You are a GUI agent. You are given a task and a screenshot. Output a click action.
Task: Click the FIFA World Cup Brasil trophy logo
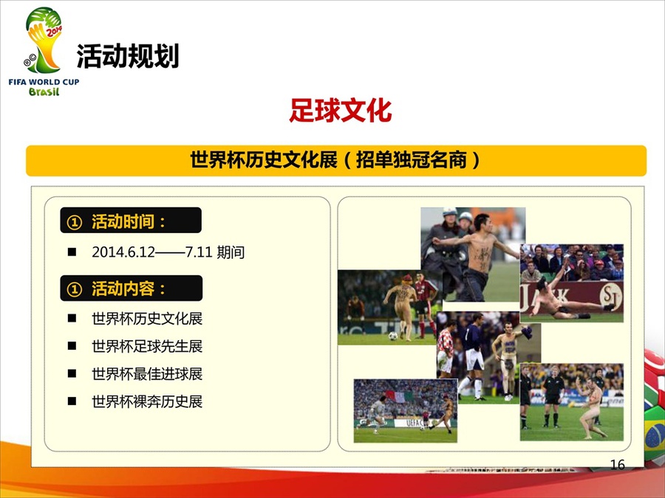point(44,51)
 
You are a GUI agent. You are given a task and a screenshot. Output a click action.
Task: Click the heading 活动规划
point(128,56)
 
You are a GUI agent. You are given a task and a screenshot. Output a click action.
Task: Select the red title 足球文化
point(340,111)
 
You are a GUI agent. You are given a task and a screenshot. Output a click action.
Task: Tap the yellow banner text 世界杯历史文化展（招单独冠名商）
point(335,160)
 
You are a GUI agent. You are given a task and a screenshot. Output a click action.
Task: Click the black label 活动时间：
point(131,220)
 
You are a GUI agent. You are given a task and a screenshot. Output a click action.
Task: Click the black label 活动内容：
point(131,288)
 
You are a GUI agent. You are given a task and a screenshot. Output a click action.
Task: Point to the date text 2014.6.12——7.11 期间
point(168,252)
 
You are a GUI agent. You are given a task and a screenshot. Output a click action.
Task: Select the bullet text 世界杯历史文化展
point(147,319)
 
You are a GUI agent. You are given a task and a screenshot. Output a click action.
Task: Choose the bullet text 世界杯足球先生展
point(147,346)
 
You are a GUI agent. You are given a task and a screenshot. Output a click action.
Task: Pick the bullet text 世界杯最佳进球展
point(147,373)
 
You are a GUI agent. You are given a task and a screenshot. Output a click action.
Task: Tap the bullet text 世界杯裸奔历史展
point(147,401)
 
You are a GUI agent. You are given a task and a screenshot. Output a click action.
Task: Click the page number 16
point(618,465)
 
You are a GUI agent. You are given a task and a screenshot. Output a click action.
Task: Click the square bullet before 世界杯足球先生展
point(72,346)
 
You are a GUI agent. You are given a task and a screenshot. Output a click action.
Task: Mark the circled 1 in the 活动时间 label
point(74,221)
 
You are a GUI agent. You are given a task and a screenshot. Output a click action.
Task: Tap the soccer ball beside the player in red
point(393,336)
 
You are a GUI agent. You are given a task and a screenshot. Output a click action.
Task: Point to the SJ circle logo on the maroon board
point(610,295)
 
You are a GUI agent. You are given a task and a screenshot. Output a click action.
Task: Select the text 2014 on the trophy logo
point(54,31)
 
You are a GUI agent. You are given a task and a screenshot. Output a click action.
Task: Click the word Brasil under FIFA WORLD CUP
point(44,91)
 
